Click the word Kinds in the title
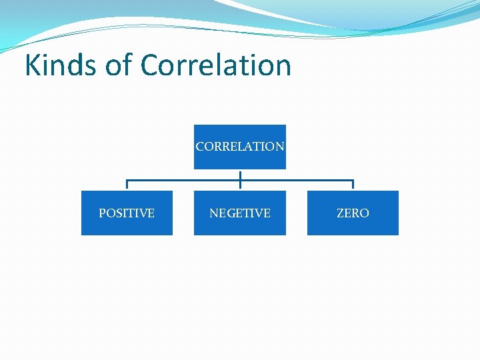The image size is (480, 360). pos(59,65)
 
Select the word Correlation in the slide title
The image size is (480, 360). pos(216,65)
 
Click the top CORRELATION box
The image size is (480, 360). pos(240,147)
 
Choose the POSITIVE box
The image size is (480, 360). pos(127,213)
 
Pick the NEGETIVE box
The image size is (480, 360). pos(240,213)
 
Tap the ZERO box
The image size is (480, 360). pos(353,213)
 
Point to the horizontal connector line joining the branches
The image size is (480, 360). pos(187,180)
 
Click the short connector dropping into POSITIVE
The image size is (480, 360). pos(127,185)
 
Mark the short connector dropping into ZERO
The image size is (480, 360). pos(353,185)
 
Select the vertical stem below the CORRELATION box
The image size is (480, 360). pos(240,175)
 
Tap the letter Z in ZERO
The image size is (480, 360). pos(340,213)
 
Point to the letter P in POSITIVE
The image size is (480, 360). pos(102,213)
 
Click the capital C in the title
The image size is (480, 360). pos(151,65)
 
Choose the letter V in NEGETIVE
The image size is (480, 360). pos(258,213)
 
